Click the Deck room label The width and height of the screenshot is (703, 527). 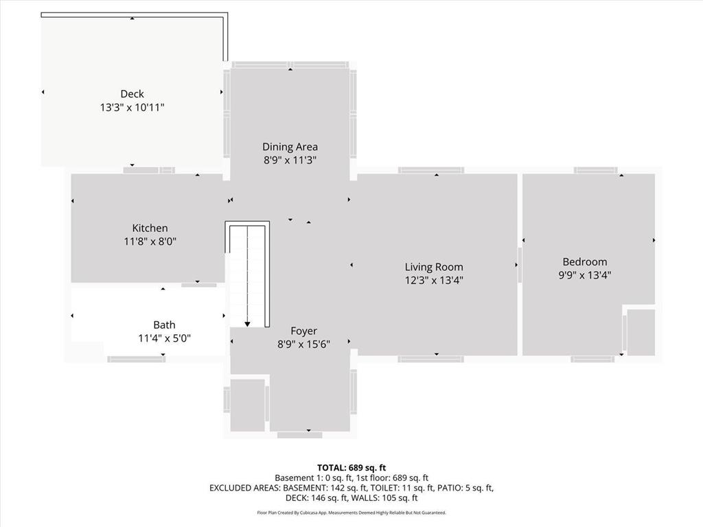132,93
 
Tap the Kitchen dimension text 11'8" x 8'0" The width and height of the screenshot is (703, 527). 150,242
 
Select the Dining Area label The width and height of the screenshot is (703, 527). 290,147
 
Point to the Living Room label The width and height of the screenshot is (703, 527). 434,267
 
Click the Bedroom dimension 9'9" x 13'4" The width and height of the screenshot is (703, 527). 585,275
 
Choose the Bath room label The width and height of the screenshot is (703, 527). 164,325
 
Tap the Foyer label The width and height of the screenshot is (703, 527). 303,331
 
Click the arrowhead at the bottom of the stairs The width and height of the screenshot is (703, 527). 247,324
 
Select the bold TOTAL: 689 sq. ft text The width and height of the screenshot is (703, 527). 351,468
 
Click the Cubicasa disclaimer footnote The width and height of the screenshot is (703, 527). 351,513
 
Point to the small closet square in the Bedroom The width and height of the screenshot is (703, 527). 641,332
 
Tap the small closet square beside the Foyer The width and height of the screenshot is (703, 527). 247,405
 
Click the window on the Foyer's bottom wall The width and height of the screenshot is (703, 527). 299,435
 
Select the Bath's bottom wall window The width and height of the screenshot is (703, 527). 137,359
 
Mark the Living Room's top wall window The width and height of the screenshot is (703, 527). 431,170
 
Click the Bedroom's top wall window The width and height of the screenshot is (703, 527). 595,170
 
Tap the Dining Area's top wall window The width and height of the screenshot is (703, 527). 290,65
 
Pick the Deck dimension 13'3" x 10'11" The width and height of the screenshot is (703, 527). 132,108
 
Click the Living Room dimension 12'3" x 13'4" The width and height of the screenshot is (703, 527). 434,281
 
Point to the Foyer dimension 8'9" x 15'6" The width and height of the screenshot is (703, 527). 303,344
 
